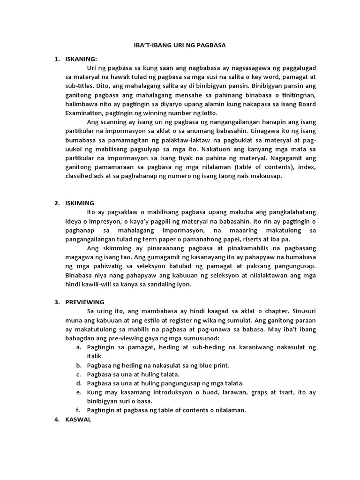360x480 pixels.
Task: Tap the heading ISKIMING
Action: tap(80, 203)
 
